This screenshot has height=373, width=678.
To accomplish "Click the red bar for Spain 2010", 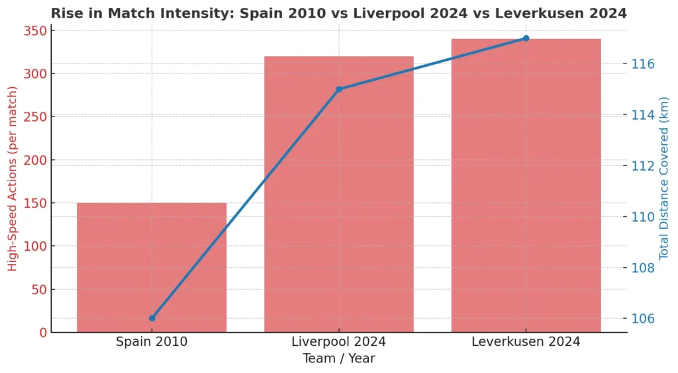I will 152,267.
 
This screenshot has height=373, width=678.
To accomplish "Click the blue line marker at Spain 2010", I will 152,318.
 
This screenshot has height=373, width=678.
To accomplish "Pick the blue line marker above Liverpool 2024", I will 339,89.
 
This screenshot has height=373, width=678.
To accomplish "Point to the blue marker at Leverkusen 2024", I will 526,38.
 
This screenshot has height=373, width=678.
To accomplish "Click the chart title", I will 338,13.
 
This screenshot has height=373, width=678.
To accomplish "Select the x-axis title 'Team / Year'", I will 338,358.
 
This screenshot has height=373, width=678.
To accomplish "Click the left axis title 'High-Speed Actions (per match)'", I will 13,182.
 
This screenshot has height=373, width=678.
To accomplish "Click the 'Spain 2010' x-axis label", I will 152,342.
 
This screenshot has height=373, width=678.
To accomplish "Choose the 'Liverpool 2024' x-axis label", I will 338,342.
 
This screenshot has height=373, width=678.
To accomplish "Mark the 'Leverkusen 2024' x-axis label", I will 526,342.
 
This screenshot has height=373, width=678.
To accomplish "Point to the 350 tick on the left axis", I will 34,31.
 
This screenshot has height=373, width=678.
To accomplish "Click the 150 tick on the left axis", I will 34,203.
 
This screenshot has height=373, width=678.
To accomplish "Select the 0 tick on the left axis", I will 41,333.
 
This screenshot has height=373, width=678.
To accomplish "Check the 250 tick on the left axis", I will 34,117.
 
